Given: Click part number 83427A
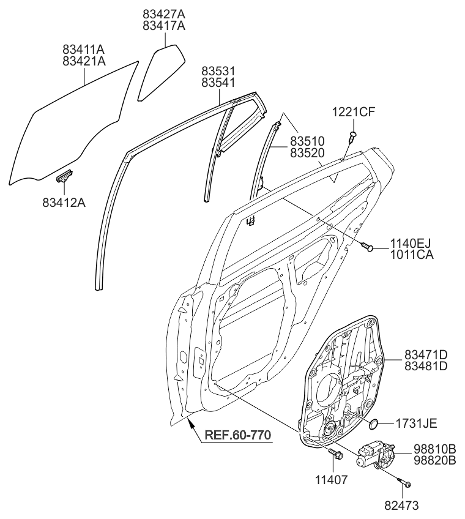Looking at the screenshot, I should [x=164, y=13].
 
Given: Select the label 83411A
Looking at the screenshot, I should [x=84, y=48].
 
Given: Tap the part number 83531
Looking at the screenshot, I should [x=218, y=70].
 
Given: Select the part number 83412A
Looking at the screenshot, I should [x=64, y=200].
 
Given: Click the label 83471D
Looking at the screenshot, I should [x=426, y=354].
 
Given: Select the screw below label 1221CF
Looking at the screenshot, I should [x=352, y=136].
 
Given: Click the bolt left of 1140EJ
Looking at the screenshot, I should [x=368, y=247].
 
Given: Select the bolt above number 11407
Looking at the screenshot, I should [x=336, y=455].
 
